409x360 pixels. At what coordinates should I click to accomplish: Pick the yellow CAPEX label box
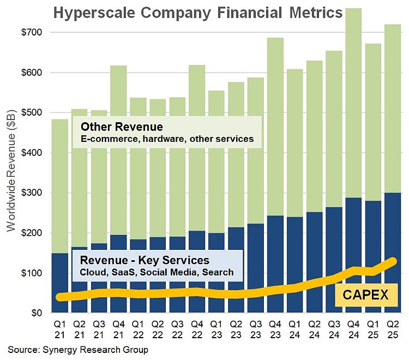(x=365, y=295)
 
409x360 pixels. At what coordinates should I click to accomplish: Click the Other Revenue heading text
(x=122, y=127)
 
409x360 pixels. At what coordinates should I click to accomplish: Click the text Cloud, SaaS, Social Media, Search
(x=157, y=272)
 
